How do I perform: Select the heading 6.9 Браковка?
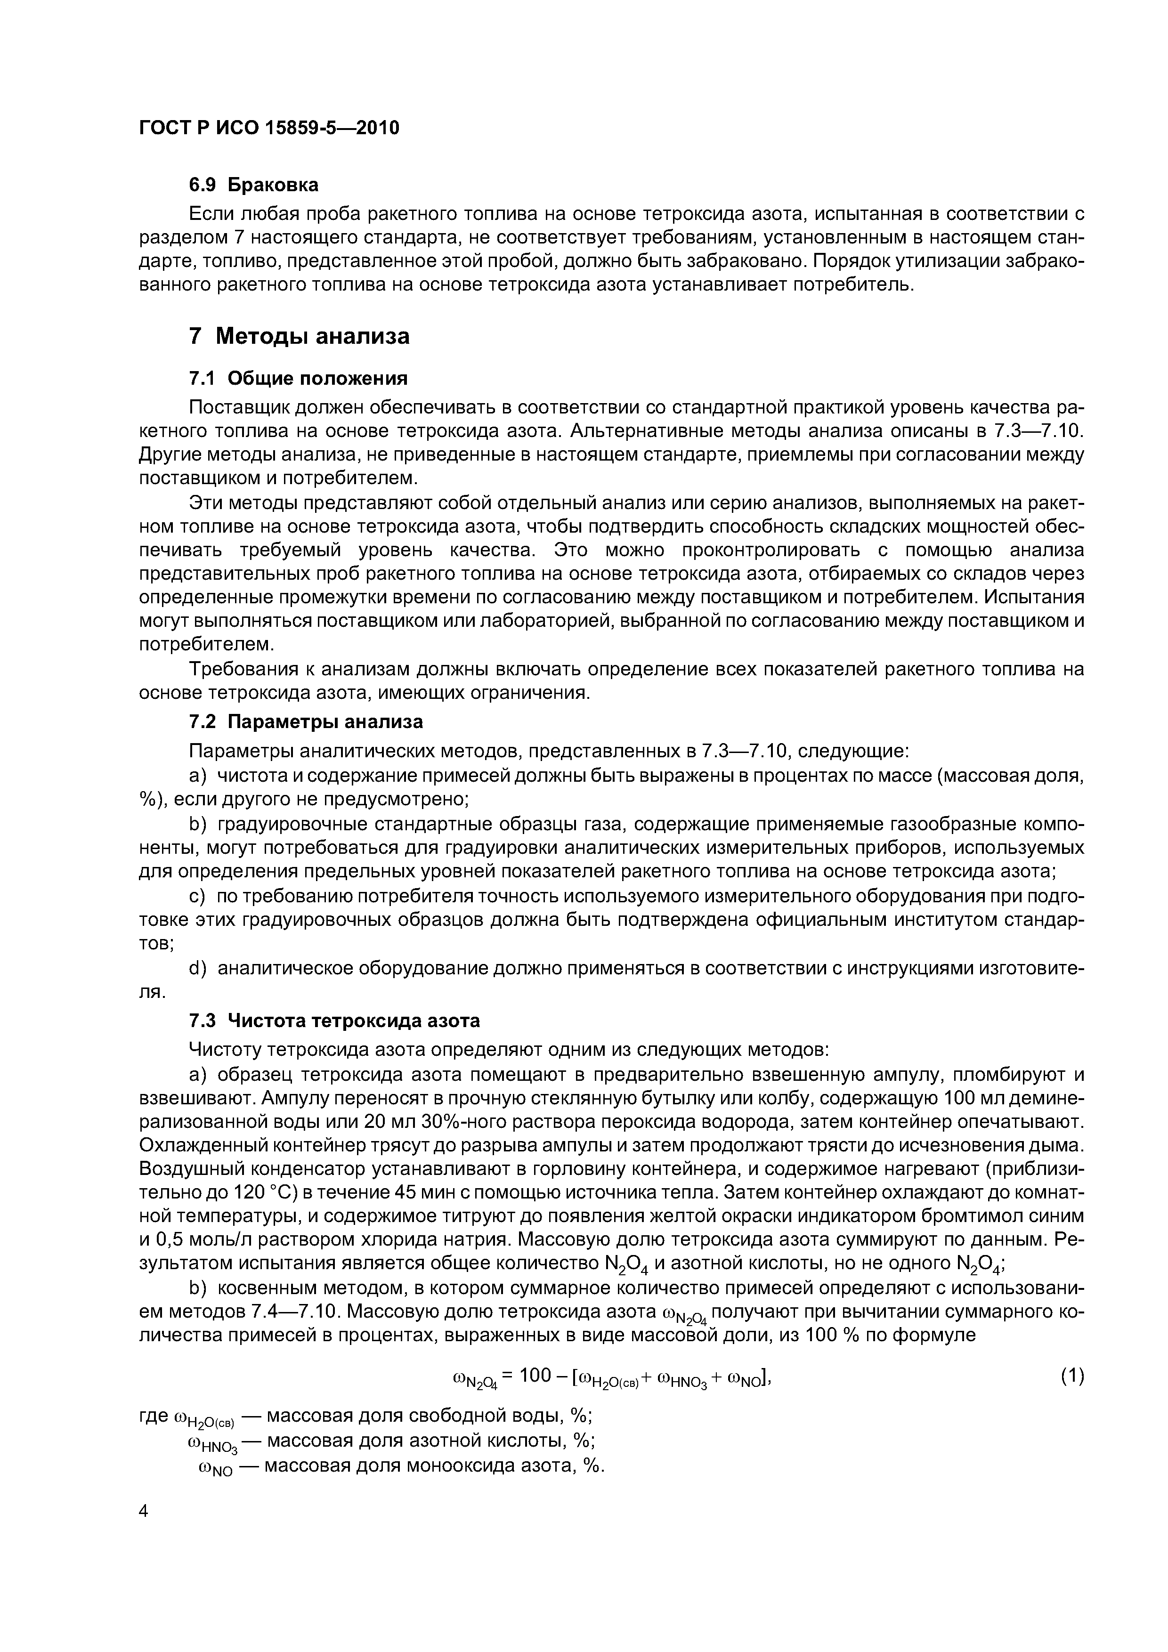click(x=253, y=185)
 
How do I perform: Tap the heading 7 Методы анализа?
click(x=299, y=336)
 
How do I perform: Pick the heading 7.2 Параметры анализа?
click(x=306, y=721)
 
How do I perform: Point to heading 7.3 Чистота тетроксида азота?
click(x=334, y=1021)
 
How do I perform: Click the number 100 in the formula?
click(x=535, y=1376)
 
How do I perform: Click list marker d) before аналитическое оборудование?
click(x=197, y=969)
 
